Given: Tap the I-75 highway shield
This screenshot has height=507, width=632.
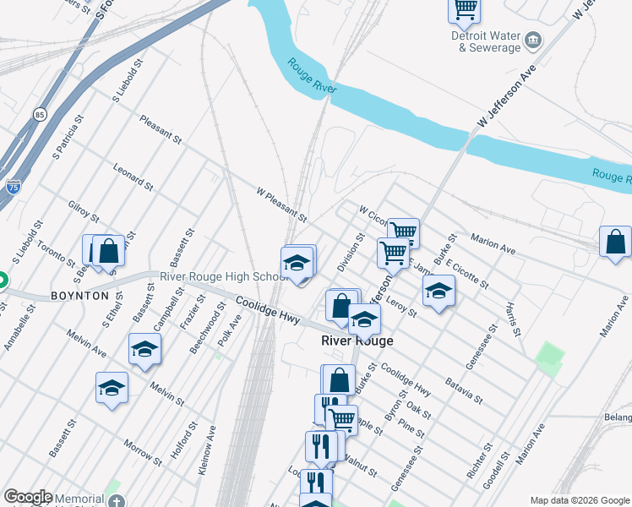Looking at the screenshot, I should [x=13, y=187].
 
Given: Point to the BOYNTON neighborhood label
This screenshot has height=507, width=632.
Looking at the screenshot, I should [x=79, y=296].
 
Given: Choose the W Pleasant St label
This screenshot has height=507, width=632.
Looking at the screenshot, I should [x=281, y=205].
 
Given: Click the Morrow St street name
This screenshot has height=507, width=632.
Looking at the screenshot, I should [x=142, y=453].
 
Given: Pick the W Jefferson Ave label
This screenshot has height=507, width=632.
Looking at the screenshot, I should [x=507, y=97].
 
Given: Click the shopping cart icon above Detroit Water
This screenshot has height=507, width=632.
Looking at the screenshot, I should [x=464, y=8].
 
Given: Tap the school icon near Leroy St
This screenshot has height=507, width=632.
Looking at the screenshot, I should [x=438, y=292].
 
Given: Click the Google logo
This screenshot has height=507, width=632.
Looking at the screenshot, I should [x=28, y=497].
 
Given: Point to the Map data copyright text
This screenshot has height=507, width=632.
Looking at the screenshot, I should [x=580, y=500].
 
